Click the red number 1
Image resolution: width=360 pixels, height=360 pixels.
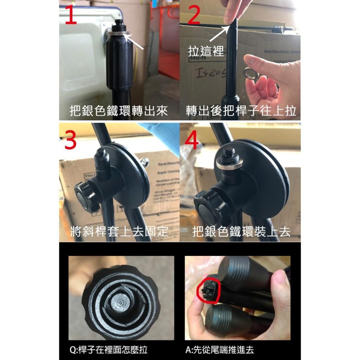point(71,15)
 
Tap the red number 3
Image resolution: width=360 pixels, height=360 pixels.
point(71,141)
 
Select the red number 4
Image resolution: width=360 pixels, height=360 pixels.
point(191,141)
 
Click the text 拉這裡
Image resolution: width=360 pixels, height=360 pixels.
point(206,51)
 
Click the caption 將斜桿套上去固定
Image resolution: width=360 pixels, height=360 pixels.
point(119,231)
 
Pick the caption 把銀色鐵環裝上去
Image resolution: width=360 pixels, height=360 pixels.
point(241,231)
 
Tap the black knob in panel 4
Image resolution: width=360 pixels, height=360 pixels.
point(209,206)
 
